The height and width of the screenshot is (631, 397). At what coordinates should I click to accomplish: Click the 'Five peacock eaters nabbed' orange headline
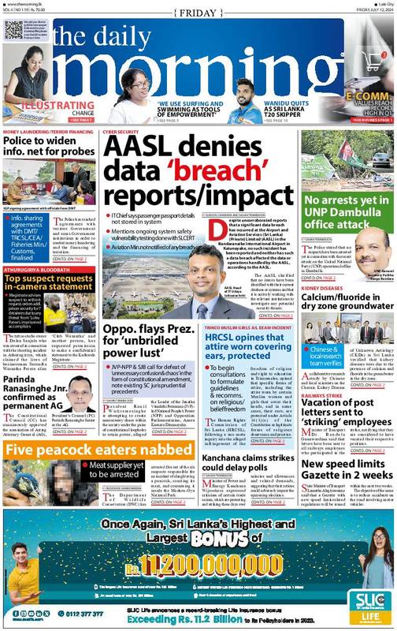[60, 450]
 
